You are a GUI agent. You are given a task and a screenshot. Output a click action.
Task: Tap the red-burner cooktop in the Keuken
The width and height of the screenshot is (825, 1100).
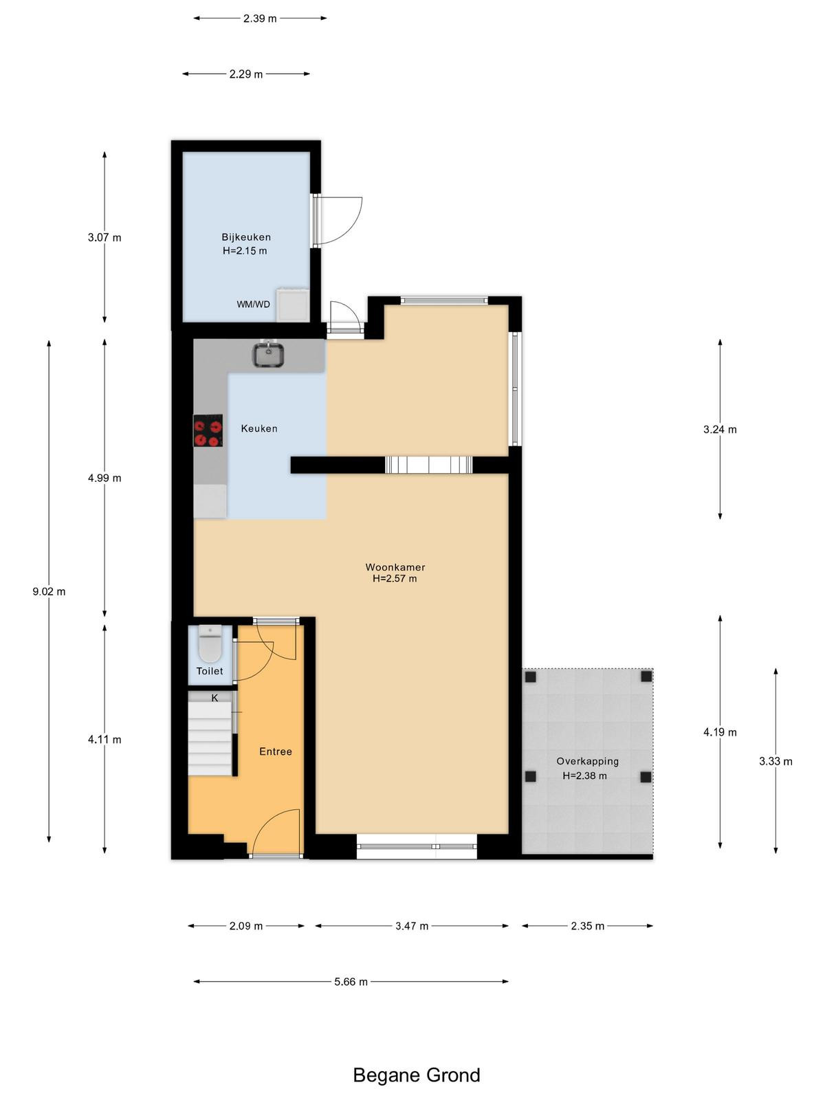(x=208, y=430)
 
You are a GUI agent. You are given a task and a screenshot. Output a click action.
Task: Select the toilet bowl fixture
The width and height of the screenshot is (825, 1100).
(x=210, y=643)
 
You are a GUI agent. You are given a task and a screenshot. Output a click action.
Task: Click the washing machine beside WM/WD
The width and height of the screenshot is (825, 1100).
(x=293, y=304)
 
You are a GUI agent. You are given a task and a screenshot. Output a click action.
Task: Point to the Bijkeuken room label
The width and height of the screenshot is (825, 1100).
(x=246, y=237)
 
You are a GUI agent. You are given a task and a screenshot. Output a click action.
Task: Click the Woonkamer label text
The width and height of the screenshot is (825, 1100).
(x=395, y=566)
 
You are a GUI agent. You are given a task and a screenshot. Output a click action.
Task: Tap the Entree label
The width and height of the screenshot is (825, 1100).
(x=276, y=751)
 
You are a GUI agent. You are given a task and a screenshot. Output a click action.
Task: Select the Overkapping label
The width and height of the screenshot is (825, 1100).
(x=588, y=761)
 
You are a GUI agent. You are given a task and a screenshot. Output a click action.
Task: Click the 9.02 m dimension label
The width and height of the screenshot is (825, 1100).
(x=49, y=591)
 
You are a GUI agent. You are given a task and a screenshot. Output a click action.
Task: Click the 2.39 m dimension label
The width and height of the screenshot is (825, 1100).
(x=260, y=19)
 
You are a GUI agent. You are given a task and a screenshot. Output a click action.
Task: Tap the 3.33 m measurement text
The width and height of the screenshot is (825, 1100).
(x=776, y=761)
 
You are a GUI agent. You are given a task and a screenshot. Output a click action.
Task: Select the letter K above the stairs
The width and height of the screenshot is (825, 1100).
(x=214, y=698)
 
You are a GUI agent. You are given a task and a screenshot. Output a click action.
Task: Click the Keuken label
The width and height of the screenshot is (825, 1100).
(x=259, y=428)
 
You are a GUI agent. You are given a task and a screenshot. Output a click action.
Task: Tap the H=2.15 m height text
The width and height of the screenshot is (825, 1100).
(x=245, y=250)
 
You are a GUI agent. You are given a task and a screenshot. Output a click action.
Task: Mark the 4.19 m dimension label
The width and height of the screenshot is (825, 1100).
(x=720, y=732)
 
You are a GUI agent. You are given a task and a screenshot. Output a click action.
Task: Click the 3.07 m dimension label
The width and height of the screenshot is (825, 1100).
(x=104, y=238)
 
